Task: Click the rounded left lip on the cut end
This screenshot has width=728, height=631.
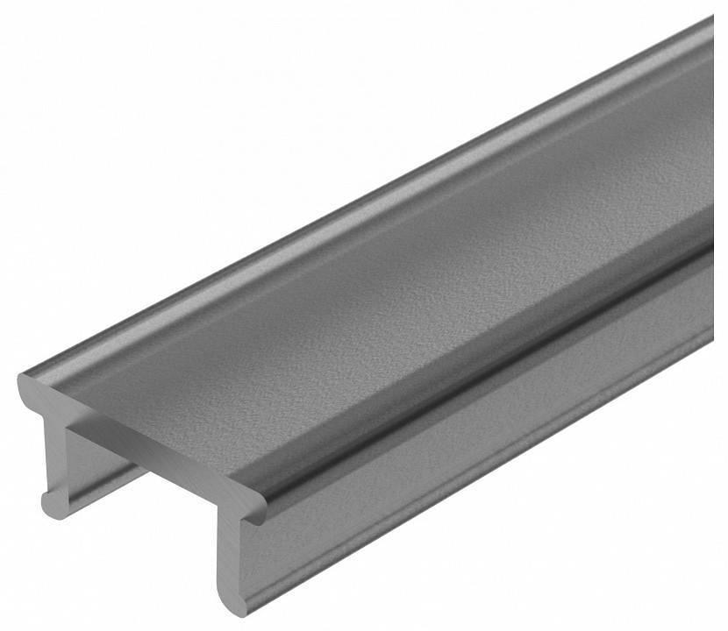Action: (x=32, y=390)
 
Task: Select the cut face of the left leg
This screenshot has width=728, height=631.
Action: (x=54, y=456)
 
